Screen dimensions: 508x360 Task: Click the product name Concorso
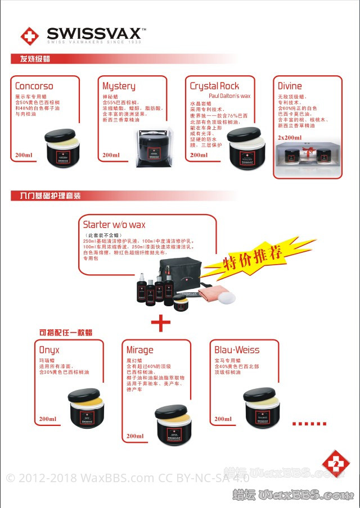point(34,87)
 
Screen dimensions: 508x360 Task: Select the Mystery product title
point(119,86)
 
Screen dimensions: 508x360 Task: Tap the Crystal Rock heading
point(214,86)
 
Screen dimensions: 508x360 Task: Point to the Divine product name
point(290,86)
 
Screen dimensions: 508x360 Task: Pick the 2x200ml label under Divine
point(290,137)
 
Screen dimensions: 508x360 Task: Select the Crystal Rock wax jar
point(244,148)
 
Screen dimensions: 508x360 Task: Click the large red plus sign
point(160,323)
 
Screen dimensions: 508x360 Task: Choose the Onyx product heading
point(49,350)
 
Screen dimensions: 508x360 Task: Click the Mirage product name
point(139,350)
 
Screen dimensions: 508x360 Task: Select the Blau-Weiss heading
point(237,350)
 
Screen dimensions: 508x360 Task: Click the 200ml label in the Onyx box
point(47,419)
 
